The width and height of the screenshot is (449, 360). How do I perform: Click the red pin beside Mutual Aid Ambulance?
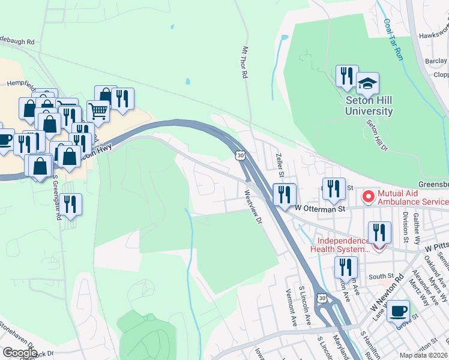click(367, 196)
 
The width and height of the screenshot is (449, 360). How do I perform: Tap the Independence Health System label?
click(340, 245)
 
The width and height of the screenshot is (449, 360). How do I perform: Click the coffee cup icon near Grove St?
click(398, 311)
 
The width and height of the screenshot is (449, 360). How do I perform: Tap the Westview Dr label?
click(253, 207)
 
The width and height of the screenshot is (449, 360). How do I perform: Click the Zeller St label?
click(279, 165)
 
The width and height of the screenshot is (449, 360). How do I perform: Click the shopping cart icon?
click(98, 110)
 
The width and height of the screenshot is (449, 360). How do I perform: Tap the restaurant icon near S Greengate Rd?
click(71, 205)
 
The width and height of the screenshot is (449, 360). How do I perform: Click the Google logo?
click(20, 352)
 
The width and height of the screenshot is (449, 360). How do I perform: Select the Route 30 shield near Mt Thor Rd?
click(240, 155)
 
